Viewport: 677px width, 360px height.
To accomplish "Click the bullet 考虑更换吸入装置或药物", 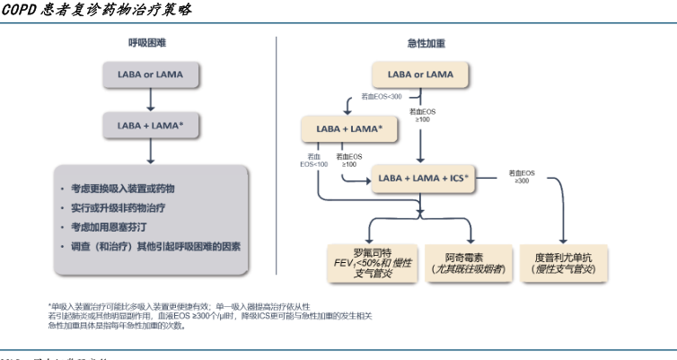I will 123,189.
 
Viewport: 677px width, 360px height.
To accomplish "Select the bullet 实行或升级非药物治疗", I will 118,207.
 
